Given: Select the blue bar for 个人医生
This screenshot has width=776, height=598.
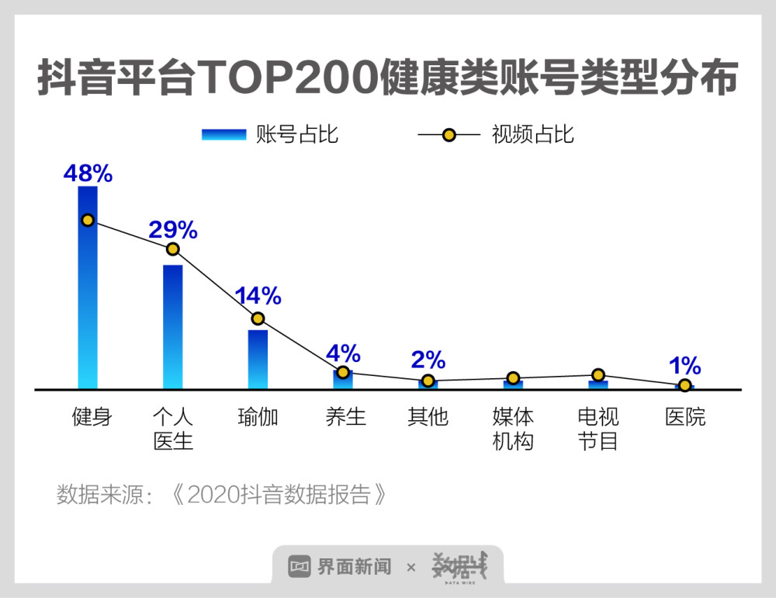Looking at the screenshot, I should coord(172,326).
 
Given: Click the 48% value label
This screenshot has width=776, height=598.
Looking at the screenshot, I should coord(88,173).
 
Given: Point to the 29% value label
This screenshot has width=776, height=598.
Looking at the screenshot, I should coord(173,230).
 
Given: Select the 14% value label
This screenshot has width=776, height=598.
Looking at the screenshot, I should coord(258,295).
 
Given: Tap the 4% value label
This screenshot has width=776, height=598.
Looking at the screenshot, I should coord(343,354).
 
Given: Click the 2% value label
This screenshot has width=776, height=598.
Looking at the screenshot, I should coord(428,360).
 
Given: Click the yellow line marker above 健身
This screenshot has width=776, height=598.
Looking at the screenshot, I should coord(88,220).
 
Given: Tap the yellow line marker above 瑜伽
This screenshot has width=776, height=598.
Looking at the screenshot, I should coord(258,318).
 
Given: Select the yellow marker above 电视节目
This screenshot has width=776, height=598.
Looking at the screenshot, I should coord(598,375).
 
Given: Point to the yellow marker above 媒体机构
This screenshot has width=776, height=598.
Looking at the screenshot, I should coord(513,378).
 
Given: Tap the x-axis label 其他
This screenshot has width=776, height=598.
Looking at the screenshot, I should coord(428,417).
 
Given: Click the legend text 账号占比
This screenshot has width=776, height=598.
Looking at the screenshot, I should coord(297,134).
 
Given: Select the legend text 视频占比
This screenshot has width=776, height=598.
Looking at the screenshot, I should coord(533,134).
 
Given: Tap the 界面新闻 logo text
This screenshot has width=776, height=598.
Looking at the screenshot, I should coord(353,566).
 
